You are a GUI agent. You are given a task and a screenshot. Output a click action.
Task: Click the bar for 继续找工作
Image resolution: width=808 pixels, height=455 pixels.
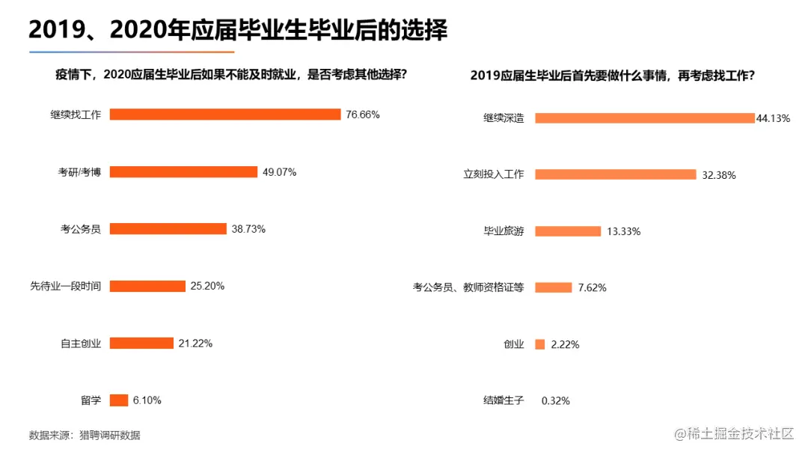(x=225, y=114)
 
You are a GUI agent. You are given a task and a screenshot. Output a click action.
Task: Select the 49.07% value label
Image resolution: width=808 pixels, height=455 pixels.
(x=279, y=172)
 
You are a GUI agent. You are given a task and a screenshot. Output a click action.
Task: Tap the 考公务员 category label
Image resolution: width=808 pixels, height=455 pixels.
(x=80, y=229)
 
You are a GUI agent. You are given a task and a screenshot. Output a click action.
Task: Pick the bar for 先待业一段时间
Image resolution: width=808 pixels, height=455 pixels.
(x=147, y=286)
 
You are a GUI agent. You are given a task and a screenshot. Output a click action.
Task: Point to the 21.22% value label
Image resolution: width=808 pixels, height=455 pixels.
(x=195, y=343)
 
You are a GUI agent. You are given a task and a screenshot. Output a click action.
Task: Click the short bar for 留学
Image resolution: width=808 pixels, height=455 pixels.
(x=119, y=400)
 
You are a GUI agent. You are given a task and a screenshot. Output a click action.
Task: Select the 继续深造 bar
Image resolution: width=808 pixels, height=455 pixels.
(x=644, y=118)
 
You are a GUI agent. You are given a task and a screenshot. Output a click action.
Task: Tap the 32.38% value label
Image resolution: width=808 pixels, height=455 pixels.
(x=718, y=175)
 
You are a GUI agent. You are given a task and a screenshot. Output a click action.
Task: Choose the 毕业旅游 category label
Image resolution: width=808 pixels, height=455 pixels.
(x=504, y=231)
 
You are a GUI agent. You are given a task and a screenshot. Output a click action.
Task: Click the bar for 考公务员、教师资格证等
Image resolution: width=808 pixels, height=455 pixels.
(x=553, y=287)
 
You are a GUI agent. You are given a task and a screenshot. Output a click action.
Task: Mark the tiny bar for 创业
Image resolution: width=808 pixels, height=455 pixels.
(x=539, y=344)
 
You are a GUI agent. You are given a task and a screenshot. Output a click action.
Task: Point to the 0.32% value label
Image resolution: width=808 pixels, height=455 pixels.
(x=555, y=401)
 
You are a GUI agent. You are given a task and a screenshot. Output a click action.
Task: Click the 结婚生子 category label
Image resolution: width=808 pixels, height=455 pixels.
(x=504, y=400)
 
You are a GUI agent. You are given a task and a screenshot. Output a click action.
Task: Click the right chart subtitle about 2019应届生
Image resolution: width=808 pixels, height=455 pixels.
(x=612, y=76)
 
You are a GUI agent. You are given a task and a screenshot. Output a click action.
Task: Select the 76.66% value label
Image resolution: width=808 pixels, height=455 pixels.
(x=363, y=114)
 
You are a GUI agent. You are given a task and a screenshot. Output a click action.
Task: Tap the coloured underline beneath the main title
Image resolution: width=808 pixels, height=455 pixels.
(x=132, y=52)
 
